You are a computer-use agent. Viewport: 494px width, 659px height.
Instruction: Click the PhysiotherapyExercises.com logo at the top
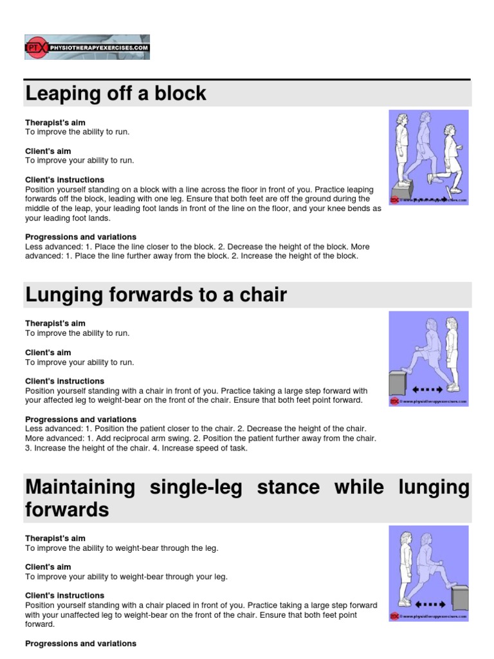click(87, 48)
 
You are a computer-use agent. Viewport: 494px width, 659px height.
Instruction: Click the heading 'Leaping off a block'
click(116, 94)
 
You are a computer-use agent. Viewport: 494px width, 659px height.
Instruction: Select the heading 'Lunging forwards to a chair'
click(156, 295)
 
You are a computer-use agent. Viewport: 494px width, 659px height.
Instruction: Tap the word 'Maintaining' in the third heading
click(80, 487)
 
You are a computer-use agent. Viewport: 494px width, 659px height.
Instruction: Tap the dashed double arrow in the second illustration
click(427, 389)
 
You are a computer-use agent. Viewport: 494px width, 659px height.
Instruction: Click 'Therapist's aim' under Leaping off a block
click(55, 122)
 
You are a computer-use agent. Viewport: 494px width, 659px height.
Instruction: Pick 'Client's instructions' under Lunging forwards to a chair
click(64, 381)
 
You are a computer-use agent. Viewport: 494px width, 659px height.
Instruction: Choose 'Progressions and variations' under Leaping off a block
click(80, 237)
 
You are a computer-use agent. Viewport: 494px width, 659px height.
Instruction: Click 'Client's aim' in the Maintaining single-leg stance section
click(48, 567)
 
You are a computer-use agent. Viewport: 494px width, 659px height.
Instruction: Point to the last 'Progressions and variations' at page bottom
click(80, 644)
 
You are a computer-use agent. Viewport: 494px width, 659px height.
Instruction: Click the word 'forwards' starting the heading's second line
click(67, 510)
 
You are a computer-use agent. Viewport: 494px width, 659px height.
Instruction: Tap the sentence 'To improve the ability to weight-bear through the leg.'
click(122, 548)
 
